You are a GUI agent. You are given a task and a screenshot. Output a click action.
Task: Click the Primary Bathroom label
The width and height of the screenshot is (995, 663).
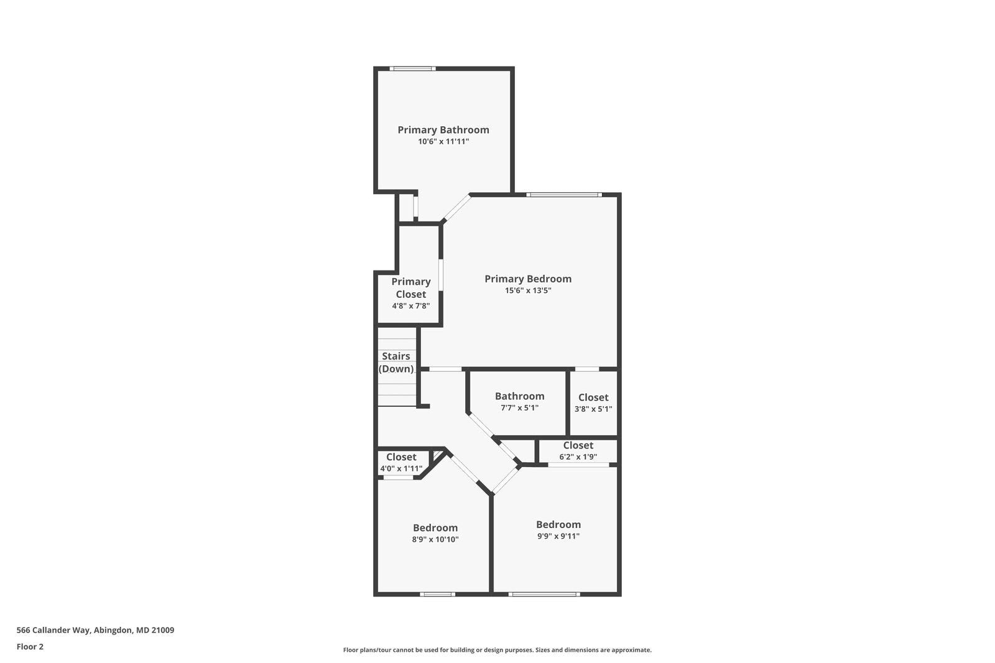[443, 129]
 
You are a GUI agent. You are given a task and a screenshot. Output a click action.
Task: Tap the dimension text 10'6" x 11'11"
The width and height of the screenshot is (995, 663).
[443, 142]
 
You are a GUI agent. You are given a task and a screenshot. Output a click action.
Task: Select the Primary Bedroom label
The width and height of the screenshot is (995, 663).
[528, 279]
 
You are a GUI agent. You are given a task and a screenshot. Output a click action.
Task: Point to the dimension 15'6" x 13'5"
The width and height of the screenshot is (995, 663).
[528, 290]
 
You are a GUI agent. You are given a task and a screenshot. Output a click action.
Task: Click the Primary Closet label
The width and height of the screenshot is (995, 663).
[410, 288]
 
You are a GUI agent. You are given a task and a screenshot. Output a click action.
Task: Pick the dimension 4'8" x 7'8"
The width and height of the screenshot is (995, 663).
[410, 306]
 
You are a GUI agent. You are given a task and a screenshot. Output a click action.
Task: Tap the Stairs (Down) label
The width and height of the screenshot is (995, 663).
[396, 363]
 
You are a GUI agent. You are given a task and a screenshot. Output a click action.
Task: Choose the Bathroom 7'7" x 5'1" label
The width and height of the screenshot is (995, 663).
[519, 396]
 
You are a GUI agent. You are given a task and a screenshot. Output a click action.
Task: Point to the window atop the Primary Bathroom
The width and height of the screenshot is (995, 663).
[412, 68]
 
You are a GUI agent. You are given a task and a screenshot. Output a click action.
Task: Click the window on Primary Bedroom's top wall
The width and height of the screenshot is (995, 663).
[564, 195]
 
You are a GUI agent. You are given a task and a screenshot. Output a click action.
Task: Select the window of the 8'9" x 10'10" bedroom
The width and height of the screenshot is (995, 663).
[437, 594]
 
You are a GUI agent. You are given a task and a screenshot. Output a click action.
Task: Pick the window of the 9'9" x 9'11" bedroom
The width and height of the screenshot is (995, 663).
[544, 594]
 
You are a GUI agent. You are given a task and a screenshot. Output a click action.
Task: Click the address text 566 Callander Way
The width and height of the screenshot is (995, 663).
[95, 630]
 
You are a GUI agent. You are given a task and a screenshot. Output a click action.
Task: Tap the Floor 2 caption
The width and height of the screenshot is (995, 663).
[30, 647]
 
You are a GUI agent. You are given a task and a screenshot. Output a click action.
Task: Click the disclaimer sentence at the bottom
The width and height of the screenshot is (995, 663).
[497, 650]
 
